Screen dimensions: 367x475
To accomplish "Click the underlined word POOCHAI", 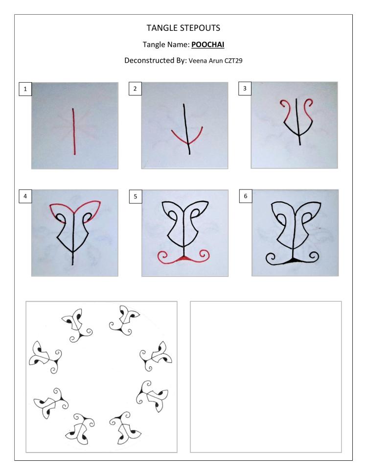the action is click(x=208, y=45).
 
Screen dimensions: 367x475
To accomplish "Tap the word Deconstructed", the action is click(x=145, y=60).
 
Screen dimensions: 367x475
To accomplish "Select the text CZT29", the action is click(x=233, y=61).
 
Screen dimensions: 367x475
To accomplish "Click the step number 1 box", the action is click(x=25, y=89).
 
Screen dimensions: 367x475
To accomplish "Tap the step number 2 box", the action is click(x=135, y=89).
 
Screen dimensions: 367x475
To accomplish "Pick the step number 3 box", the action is click(x=245, y=89).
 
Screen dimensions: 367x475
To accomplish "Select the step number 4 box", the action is click(x=25, y=196).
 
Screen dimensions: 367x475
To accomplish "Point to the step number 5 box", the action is click(x=136, y=196).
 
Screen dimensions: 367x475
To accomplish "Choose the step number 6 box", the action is click(x=246, y=196).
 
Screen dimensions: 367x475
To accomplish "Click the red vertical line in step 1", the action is click(x=73, y=131).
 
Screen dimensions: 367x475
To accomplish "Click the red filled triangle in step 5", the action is click(x=184, y=259).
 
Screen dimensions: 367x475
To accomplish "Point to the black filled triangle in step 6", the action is click(x=293, y=260).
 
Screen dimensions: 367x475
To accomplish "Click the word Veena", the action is click(x=197, y=61).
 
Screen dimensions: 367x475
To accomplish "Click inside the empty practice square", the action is click(x=266, y=377).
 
